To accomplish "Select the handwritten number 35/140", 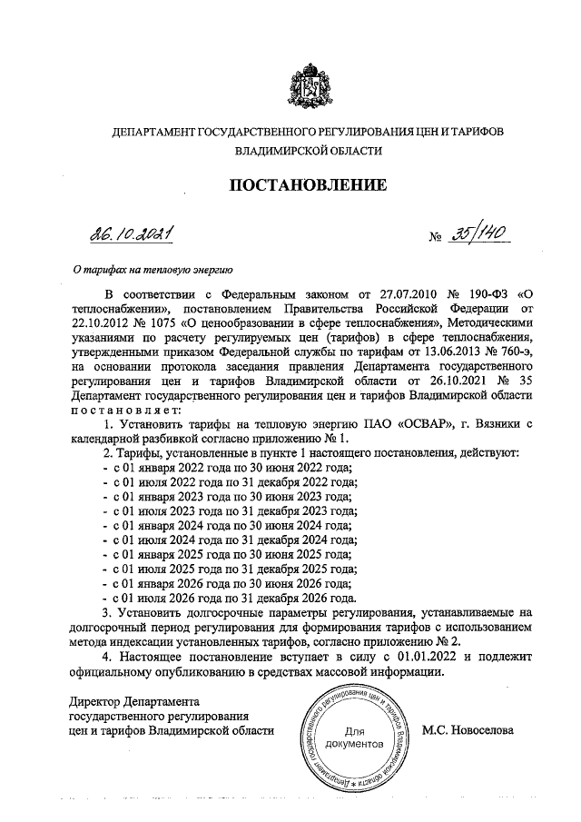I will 468,235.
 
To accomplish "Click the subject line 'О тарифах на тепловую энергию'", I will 153,269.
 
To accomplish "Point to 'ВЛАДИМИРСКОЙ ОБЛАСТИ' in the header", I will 308,151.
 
